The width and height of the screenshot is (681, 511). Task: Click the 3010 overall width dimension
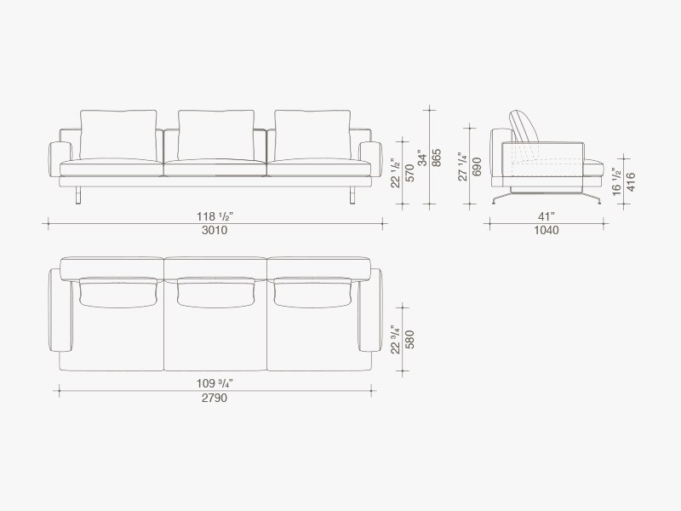coord(215,230)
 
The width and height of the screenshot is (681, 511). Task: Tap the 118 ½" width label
coord(215,216)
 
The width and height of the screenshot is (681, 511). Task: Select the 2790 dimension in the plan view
coord(215,398)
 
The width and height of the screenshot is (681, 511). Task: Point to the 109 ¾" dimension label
coord(215,384)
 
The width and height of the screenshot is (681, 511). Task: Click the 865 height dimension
coord(437,158)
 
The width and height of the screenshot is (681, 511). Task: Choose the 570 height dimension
coord(409,173)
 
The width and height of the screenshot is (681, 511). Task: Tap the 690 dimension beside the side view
coord(477,166)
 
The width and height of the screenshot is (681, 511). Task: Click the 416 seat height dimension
coord(631,181)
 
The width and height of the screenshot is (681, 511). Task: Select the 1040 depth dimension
coord(547,230)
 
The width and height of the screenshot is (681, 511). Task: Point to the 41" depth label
coord(547,216)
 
